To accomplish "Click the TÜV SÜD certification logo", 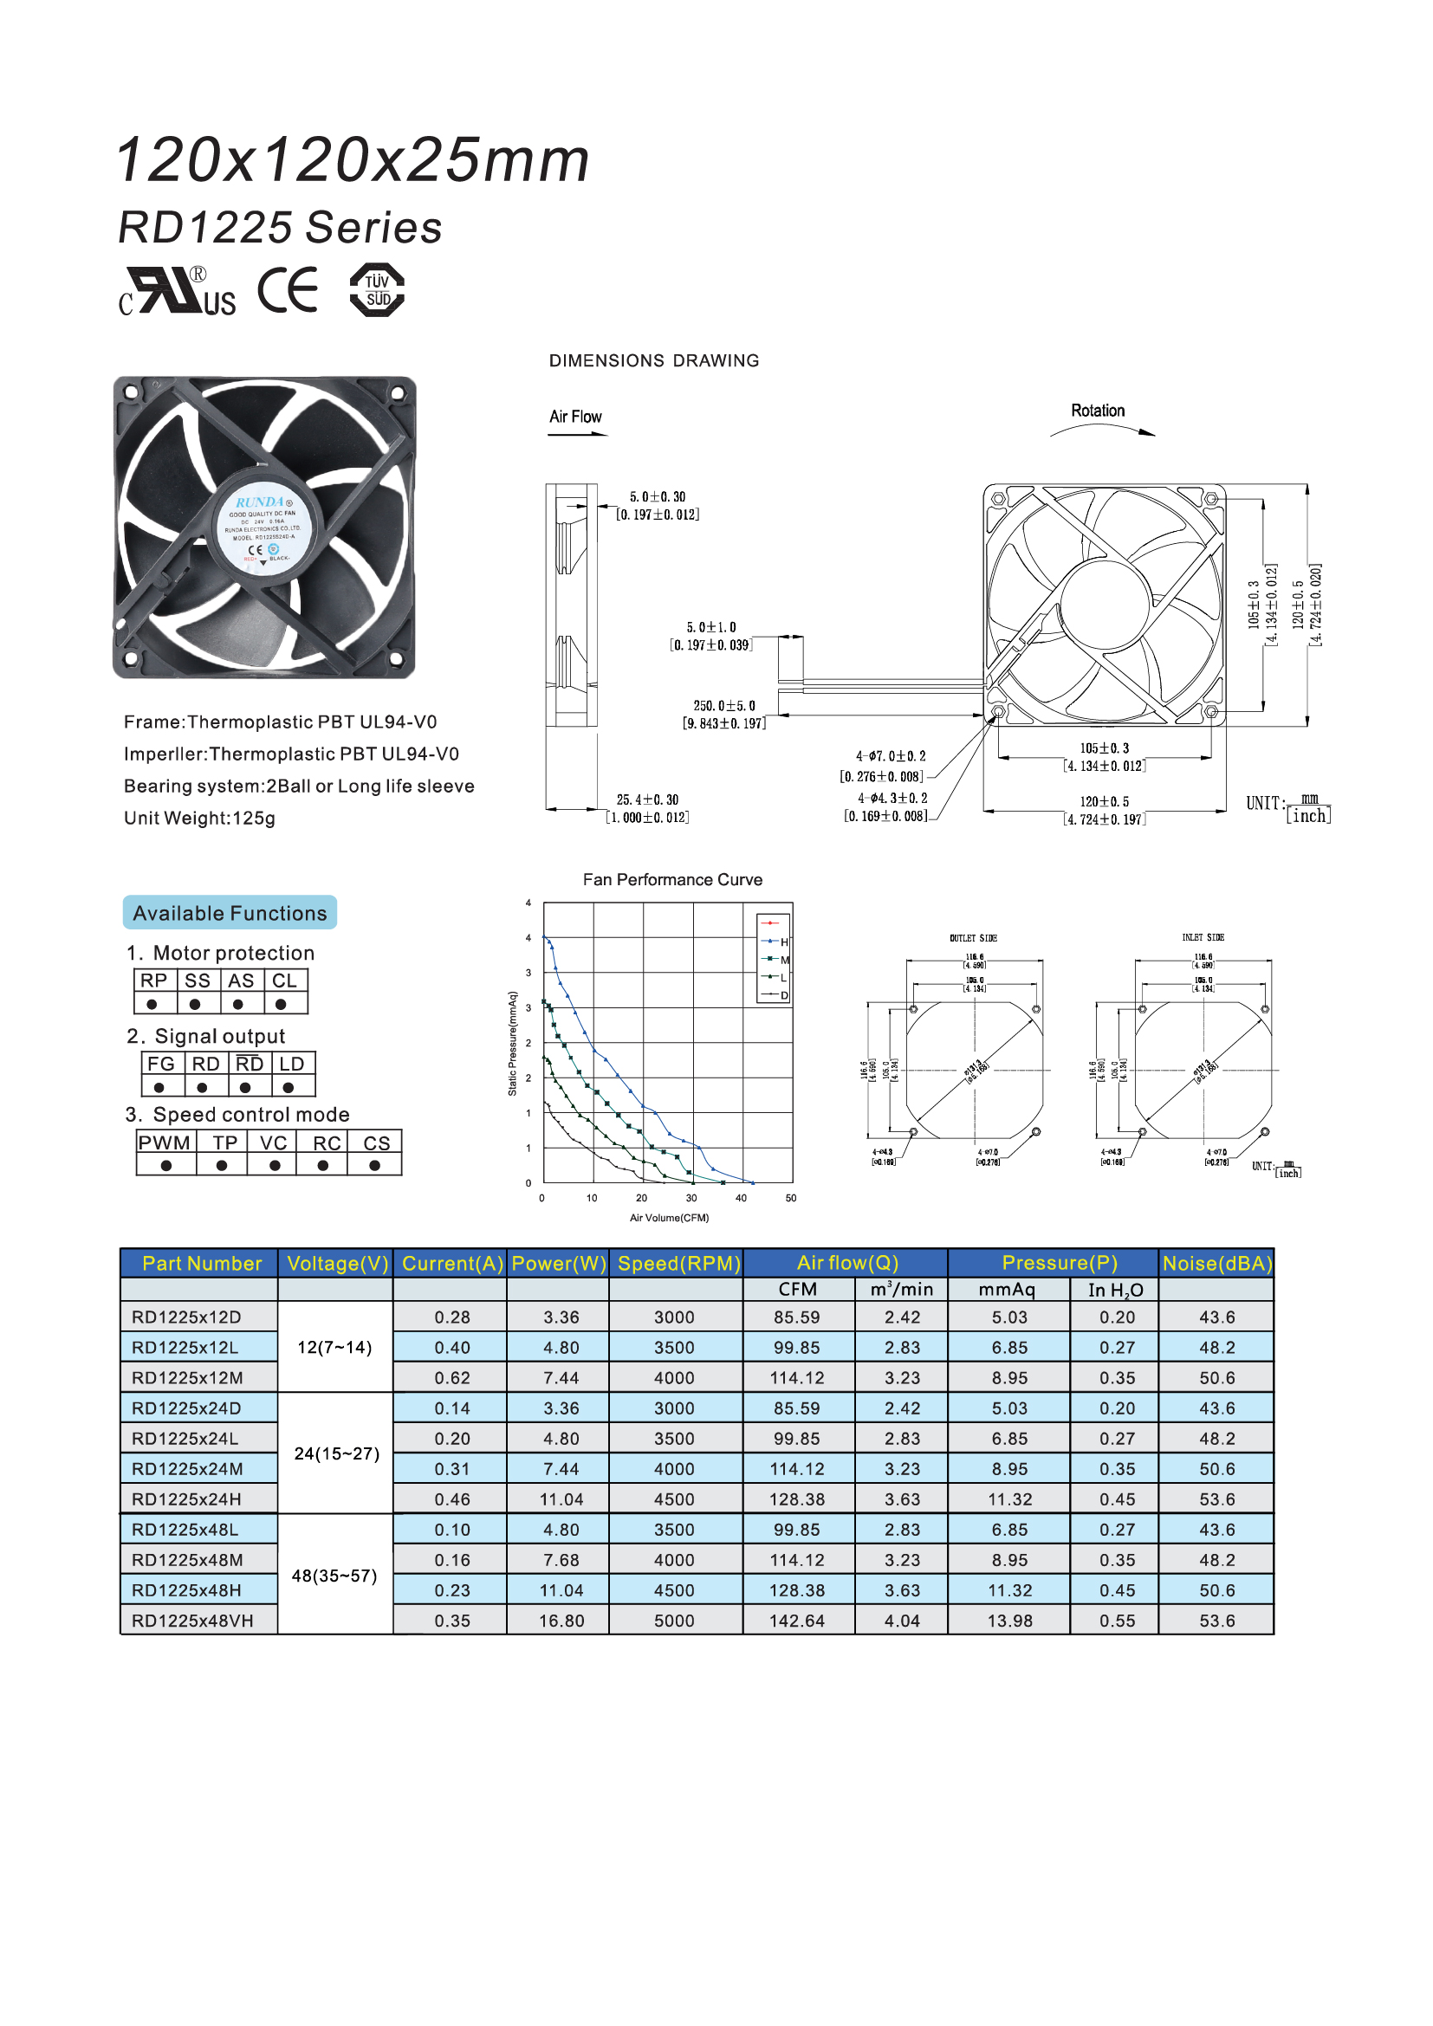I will point(377,289).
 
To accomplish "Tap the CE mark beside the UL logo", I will point(288,290).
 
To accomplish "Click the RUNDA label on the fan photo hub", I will point(260,502).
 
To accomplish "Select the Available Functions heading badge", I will point(230,912).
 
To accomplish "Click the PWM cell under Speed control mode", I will point(164,1142).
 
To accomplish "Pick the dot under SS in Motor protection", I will point(195,1004).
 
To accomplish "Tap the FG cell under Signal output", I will point(160,1065).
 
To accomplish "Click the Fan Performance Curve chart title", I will point(672,880).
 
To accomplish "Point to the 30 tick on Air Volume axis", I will point(691,1198).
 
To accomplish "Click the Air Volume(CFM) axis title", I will point(669,1218).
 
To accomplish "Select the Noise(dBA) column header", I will point(1216,1264).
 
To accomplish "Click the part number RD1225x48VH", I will point(192,1621).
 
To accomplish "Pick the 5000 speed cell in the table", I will point(674,1621).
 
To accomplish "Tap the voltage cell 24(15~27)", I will point(336,1453).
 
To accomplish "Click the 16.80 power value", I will point(561,1621).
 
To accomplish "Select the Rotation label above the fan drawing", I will point(1098,411).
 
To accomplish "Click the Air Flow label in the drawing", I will point(575,417).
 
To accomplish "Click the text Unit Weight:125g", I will point(199,818).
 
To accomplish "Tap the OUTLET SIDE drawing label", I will point(973,938).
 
